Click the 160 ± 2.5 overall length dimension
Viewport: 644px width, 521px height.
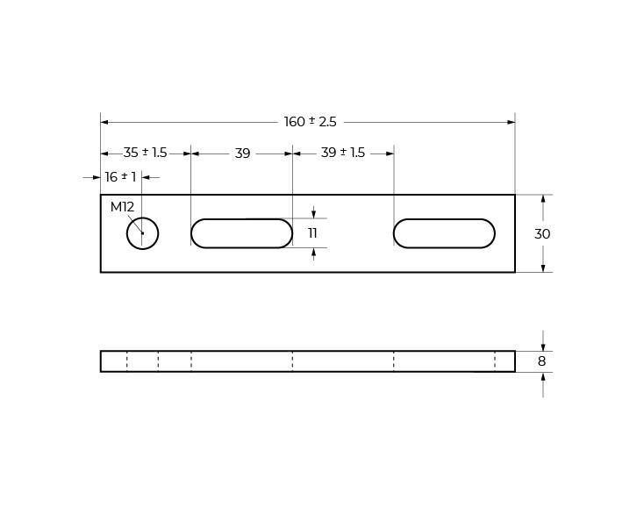(x=310, y=122)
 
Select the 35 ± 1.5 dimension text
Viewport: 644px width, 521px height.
(x=145, y=153)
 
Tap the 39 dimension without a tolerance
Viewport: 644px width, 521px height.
(x=242, y=153)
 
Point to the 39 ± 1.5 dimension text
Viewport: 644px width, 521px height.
(x=343, y=153)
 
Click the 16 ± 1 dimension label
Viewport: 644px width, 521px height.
(x=120, y=177)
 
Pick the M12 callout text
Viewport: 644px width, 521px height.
(x=122, y=207)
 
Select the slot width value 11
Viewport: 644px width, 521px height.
(x=312, y=233)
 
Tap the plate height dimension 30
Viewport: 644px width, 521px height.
(x=542, y=234)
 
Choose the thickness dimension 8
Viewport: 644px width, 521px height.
(x=541, y=361)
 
